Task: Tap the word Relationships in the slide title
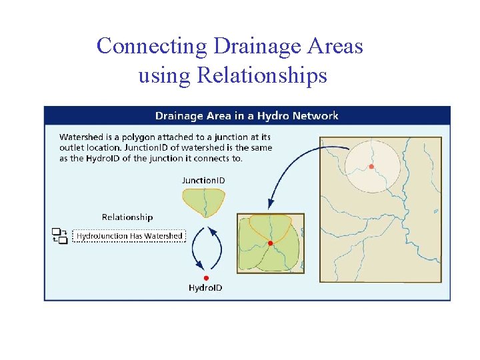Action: click(x=261, y=75)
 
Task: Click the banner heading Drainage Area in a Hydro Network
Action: click(x=247, y=116)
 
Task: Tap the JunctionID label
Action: click(x=204, y=180)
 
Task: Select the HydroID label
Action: click(x=205, y=288)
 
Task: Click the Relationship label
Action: click(x=127, y=217)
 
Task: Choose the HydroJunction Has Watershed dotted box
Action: click(x=129, y=236)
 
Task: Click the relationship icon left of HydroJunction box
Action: click(x=60, y=235)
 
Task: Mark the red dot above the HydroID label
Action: click(x=206, y=277)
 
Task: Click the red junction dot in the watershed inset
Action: click(x=270, y=243)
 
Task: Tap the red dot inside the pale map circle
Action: click(x=371, y=167)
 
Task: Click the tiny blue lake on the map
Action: click(x=436, y=211)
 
